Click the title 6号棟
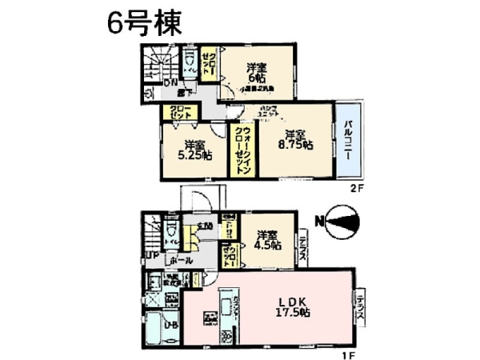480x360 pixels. (144, 22)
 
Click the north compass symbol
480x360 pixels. (340, 222)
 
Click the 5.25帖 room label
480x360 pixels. (194, 150)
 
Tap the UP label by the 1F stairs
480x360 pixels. (150, 256)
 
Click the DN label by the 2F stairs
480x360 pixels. (170, 82)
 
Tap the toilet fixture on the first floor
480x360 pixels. (171, 234)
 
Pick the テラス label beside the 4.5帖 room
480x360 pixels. (303, 242)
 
